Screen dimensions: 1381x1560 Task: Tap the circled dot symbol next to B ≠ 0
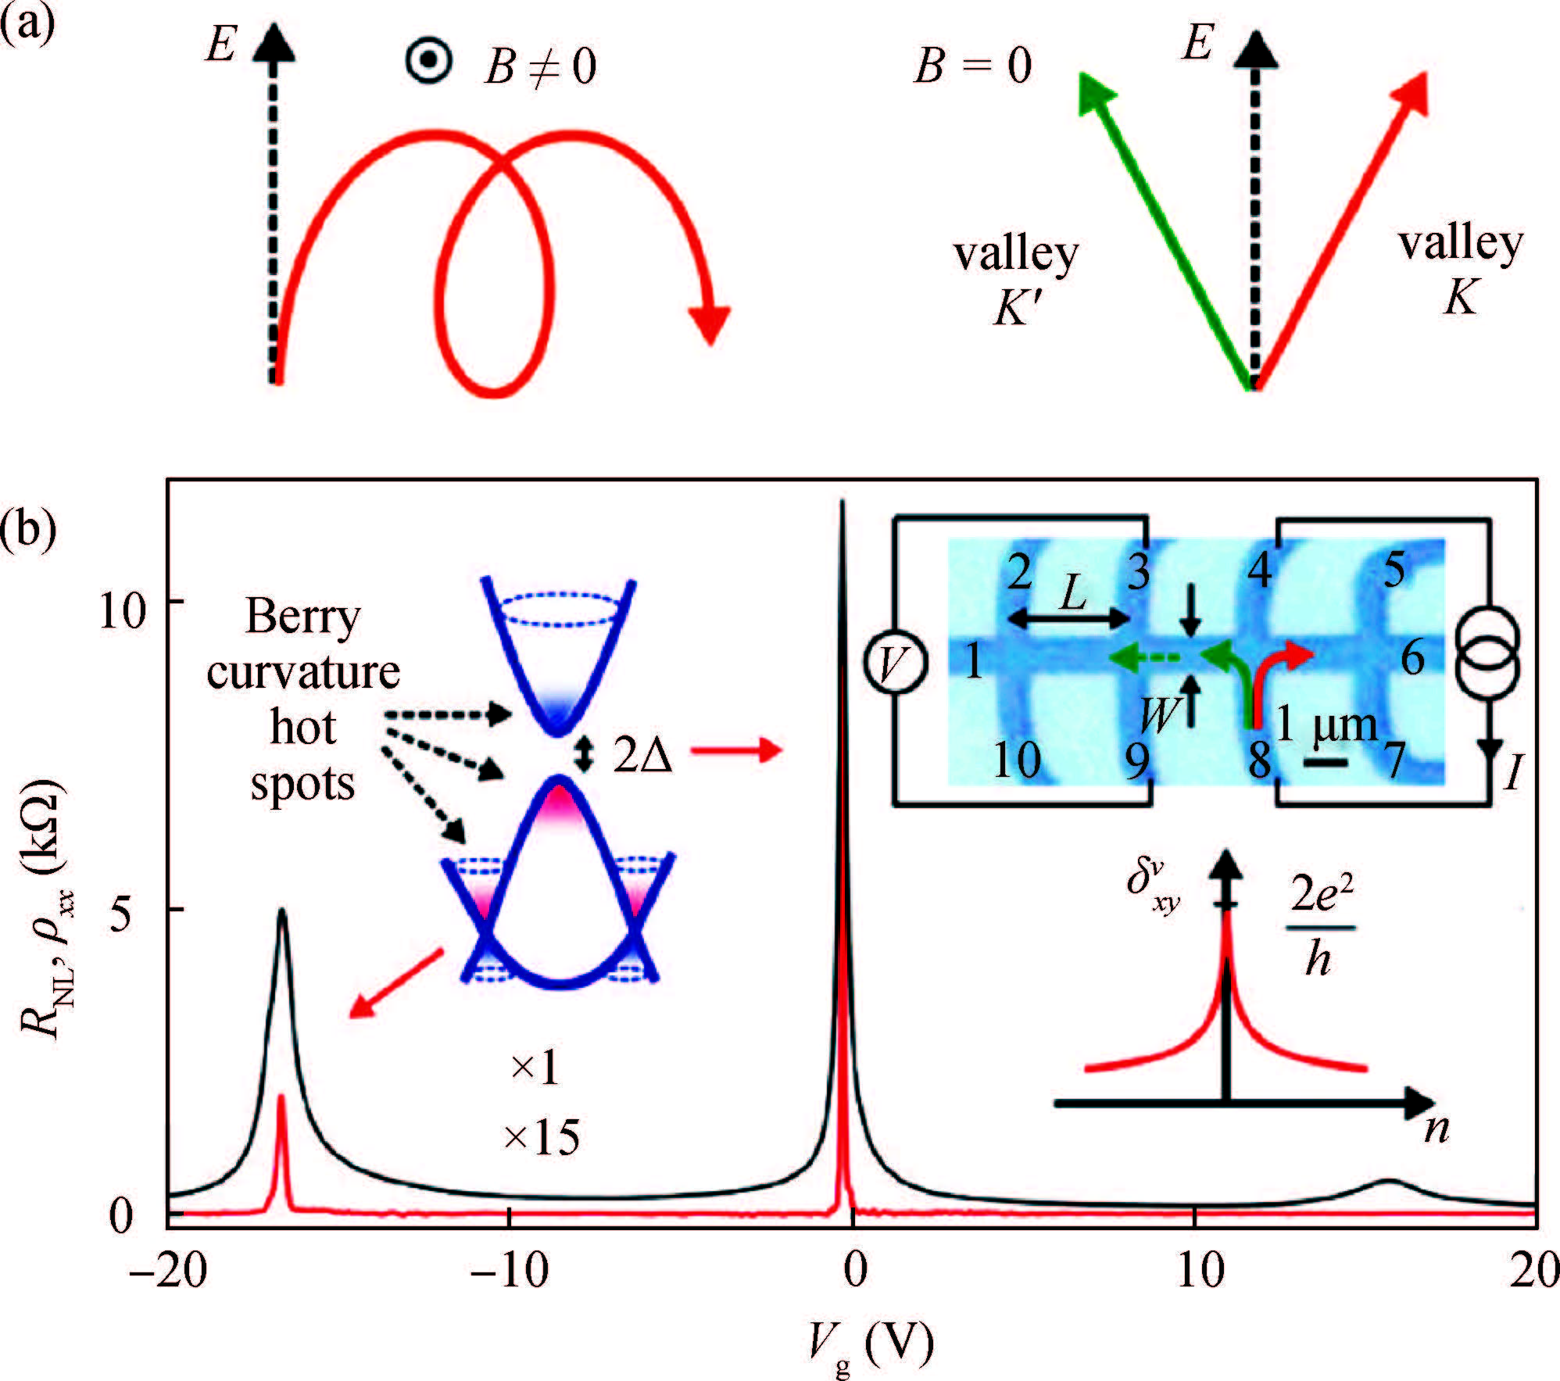[x=429, y=61]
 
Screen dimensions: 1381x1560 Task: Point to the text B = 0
[x=973, y=66]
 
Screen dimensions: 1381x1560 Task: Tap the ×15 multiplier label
[x=542, y=1138]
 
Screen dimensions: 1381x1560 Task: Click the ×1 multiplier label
[x=535, y=1068]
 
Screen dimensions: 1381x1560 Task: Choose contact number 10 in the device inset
[x=1017, y=759]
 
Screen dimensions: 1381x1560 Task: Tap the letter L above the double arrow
[x=1073, y=596]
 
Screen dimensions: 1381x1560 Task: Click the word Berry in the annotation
[x=303, y=617]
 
